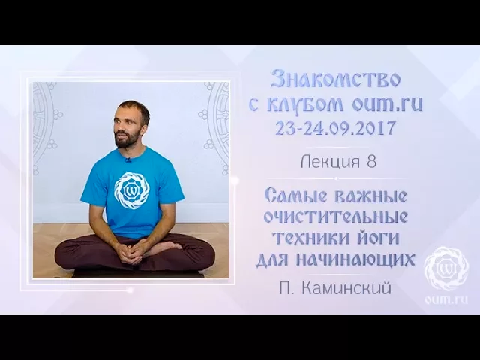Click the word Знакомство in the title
[x=334, y=79]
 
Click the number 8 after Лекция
[x=372, y=162]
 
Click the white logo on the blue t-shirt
[x=131, y=190]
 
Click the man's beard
[x=126, y=139]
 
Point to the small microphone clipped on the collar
[x=127, y=159]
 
